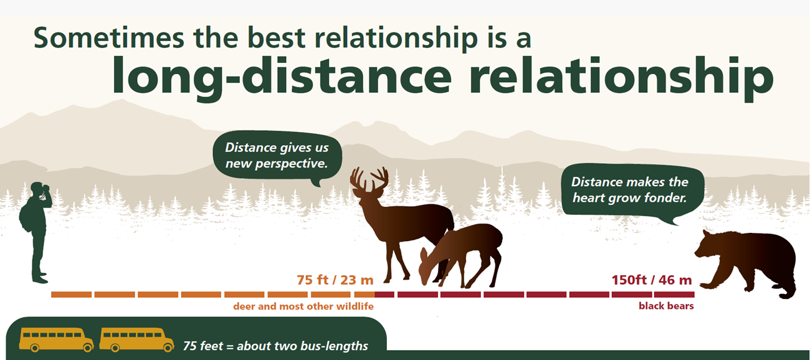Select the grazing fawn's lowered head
427,267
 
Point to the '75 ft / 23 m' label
335,280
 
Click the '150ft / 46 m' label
652,280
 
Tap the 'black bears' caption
666,306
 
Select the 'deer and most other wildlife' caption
303,306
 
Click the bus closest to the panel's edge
56,340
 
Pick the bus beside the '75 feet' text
136,340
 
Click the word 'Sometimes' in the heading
109,37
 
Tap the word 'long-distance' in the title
282,77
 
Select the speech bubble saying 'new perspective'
277,156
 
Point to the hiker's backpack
26,217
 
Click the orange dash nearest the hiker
71,295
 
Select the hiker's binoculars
46,187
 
